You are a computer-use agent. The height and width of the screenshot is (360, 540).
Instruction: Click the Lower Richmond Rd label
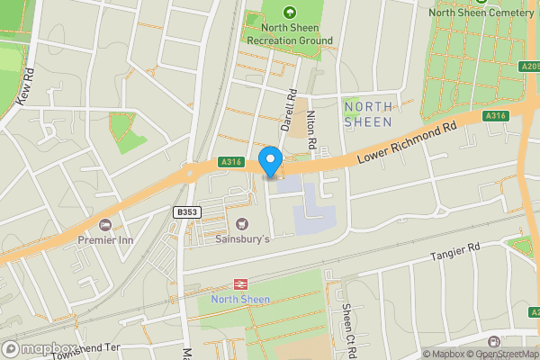pos(407,143)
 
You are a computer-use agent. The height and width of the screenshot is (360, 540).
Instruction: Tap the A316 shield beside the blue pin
pos(231,162)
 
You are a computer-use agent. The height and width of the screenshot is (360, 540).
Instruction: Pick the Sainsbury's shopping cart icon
pos(241,223)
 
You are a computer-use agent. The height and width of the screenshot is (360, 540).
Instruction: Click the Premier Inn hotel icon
pos(105,224)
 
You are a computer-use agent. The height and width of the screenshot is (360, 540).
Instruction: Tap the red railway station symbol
pos(240,284)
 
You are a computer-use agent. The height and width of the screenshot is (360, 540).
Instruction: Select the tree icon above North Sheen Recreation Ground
pos(290,13)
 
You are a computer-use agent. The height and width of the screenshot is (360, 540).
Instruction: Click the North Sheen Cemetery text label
pos(482,12)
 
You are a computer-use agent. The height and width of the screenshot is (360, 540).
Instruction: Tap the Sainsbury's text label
pos(243,240)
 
